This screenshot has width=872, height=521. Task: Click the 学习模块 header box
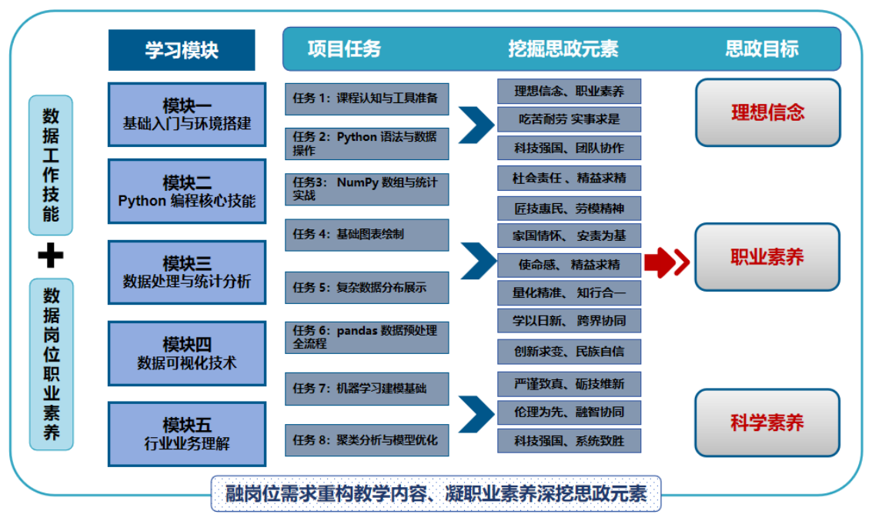tap(182, 50)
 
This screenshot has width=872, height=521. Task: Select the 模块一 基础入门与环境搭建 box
tap(187, 114)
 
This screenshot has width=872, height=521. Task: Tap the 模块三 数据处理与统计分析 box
tap(187, 272)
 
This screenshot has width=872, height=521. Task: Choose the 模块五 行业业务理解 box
tap(187, 434)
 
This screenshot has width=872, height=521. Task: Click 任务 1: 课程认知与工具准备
tap(366, 98)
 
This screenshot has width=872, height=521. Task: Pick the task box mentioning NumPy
tap(366, 189)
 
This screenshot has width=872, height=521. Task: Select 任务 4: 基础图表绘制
tap(366, 234)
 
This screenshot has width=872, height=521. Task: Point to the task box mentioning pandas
tap(366, 337)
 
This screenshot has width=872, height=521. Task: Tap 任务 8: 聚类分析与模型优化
tap(366, 440)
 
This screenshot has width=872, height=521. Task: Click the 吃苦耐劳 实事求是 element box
tap(569, 119)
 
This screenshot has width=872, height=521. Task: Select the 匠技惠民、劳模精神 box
tap(569, 208)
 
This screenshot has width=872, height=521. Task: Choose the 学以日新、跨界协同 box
tap(569, 321)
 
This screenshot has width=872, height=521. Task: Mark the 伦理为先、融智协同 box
tap(569, 412)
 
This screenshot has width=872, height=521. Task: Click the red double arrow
tap(667, 263)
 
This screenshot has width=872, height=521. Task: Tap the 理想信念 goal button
tap(767, 112)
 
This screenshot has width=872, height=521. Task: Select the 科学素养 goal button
tap(767, 422)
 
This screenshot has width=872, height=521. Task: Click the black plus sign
tap(51, 256)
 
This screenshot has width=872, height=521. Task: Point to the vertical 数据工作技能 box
tap(51, 165)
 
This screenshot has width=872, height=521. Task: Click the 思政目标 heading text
tap(762, 49)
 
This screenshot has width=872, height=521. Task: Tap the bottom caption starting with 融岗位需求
tap(436, 493)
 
